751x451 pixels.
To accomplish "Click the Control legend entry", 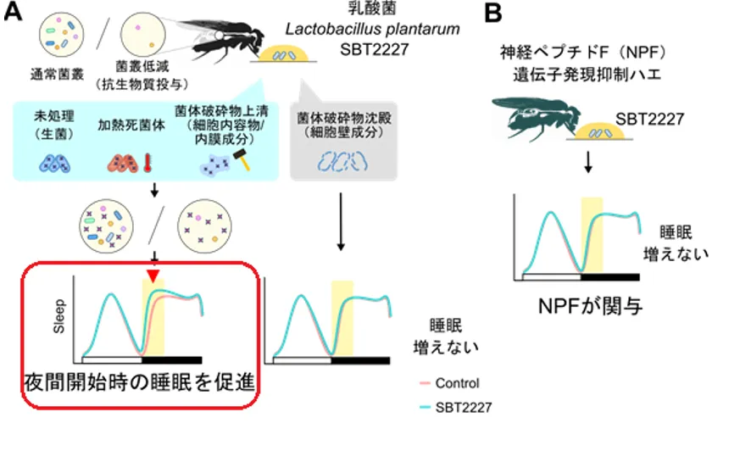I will (456, 383).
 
